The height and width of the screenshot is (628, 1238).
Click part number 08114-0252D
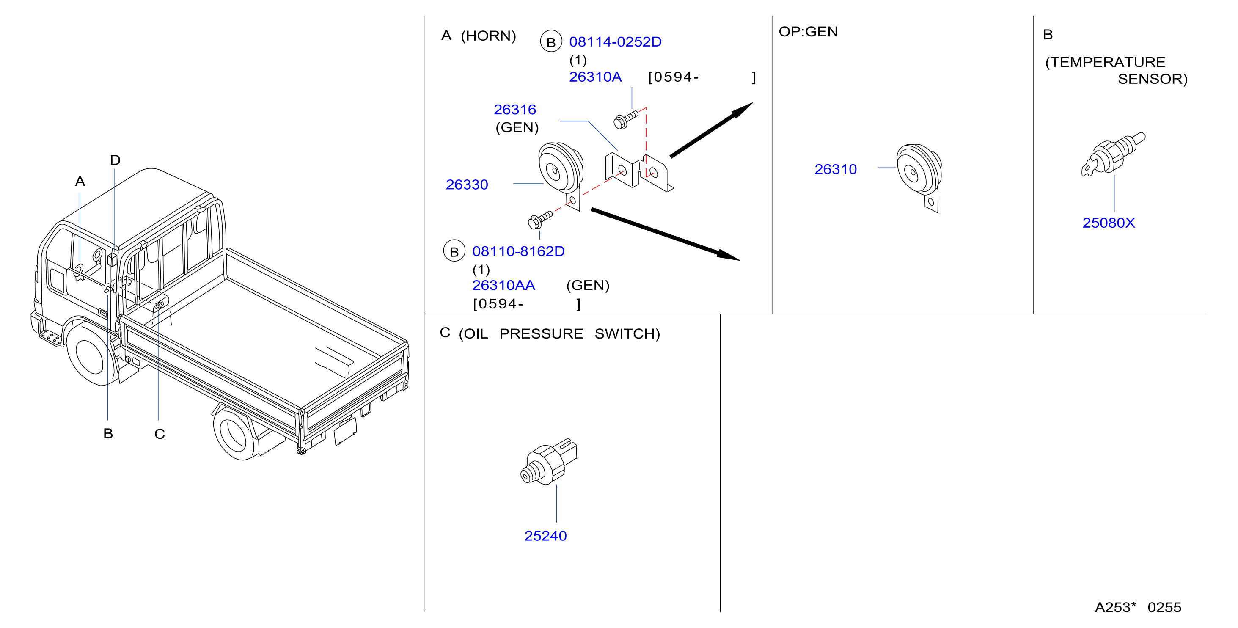[x=615, y=42]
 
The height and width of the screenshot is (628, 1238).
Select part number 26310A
[x=595, y=77]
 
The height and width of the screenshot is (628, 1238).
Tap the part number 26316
[x=515, y=110]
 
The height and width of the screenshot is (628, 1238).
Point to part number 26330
[x=467, y=185]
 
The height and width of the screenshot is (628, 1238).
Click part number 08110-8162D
[x=518, y=251]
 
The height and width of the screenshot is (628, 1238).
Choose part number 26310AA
[x=503, y=286]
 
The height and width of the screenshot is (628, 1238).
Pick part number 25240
[x=545, y=536]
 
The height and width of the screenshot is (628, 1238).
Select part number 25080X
[x=1108, y=223]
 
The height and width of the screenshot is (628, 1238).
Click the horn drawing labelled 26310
[x=919, y=176]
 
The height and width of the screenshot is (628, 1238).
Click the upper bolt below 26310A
[x=626, y=119]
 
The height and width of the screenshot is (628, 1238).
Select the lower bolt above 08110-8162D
[x=540, y=220]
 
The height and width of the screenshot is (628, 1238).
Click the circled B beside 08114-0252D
[x=551, y=42]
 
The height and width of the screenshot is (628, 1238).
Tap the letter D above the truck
[x=115, y=160]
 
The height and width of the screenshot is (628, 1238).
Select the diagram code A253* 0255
[x=1138, y=607]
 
